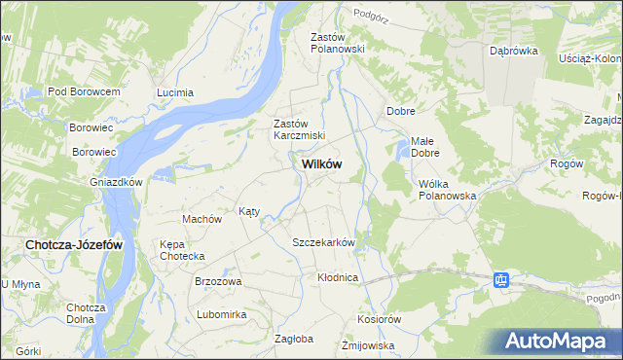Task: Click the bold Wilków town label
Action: click(x=316, y=165)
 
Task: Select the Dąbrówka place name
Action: click(x=514, y=52)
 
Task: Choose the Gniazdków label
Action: click(x=117, y=183)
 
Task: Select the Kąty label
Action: click(x=249, y=211)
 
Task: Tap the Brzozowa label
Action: click(x=218, y=281)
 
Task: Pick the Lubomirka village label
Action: click(x=222, y=315)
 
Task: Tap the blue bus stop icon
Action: click(x=501, y=281)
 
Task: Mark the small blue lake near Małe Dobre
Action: click(x=402, y=150)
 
